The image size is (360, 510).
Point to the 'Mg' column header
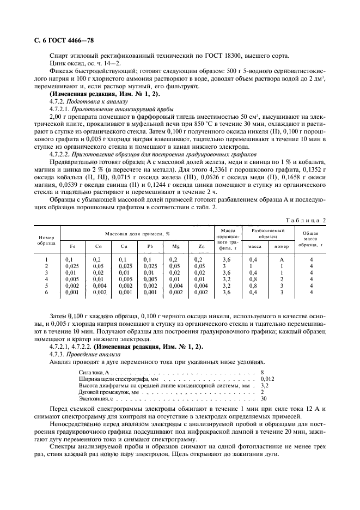click(x=175, y=246)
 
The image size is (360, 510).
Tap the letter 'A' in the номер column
click(x=282, y=260)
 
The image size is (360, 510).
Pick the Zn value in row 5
click(x=201, y=286)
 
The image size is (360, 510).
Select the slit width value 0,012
click(x=268, y=378)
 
